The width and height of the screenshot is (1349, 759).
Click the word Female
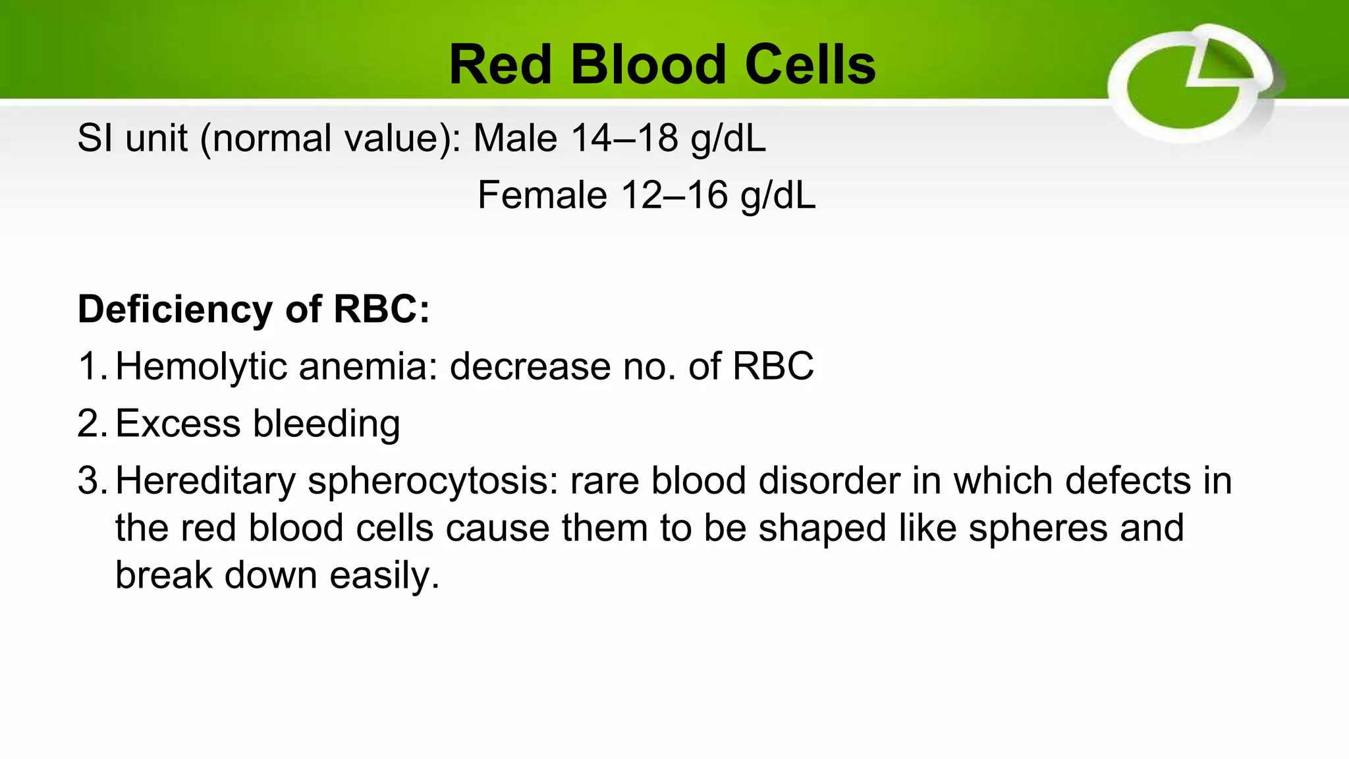pos(542,196)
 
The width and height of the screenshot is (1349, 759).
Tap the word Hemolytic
pos(201,366)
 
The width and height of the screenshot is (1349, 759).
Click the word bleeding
pos(327,424)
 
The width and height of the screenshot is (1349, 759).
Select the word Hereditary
pos(206,481)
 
